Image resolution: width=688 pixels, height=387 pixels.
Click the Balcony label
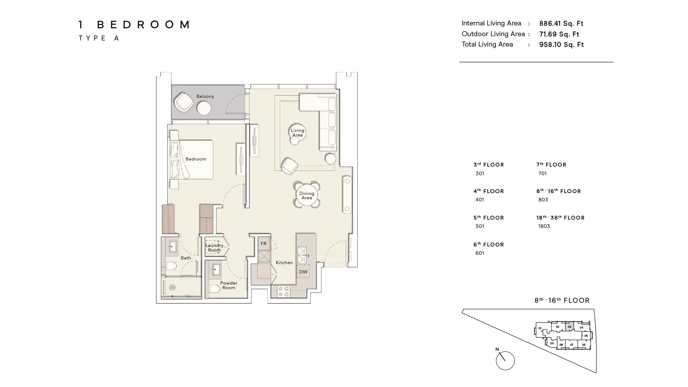tap(205, 96)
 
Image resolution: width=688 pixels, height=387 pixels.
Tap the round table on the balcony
tap(204, 108)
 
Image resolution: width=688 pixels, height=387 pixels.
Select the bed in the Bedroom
tap(193, 159)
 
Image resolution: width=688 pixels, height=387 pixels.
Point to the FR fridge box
tap(264, 244)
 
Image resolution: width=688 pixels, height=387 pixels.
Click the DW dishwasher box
tap(303, 272)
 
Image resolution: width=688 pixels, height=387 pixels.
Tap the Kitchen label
tap(284, 263)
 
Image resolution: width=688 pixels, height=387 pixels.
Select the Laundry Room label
tap(214, 248)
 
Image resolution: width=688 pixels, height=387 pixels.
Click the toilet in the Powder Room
tap(214, 288)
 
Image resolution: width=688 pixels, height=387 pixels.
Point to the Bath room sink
tap(173, 247)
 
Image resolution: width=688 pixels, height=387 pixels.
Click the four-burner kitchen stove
tap(284, 291)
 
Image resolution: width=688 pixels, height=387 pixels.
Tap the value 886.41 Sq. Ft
tap(561, 24)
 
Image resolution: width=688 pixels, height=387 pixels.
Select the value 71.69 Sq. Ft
tap(559, 34)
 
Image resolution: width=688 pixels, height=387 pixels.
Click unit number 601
tap(479, 253)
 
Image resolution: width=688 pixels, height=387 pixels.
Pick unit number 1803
tap(544, 226)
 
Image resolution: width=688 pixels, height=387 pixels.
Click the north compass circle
tap(505, 360)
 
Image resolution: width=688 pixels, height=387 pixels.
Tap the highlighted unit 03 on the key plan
tap(569, 326)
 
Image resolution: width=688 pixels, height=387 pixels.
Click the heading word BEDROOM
tap(144, 25)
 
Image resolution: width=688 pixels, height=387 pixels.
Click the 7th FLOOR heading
tap(551, 165)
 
